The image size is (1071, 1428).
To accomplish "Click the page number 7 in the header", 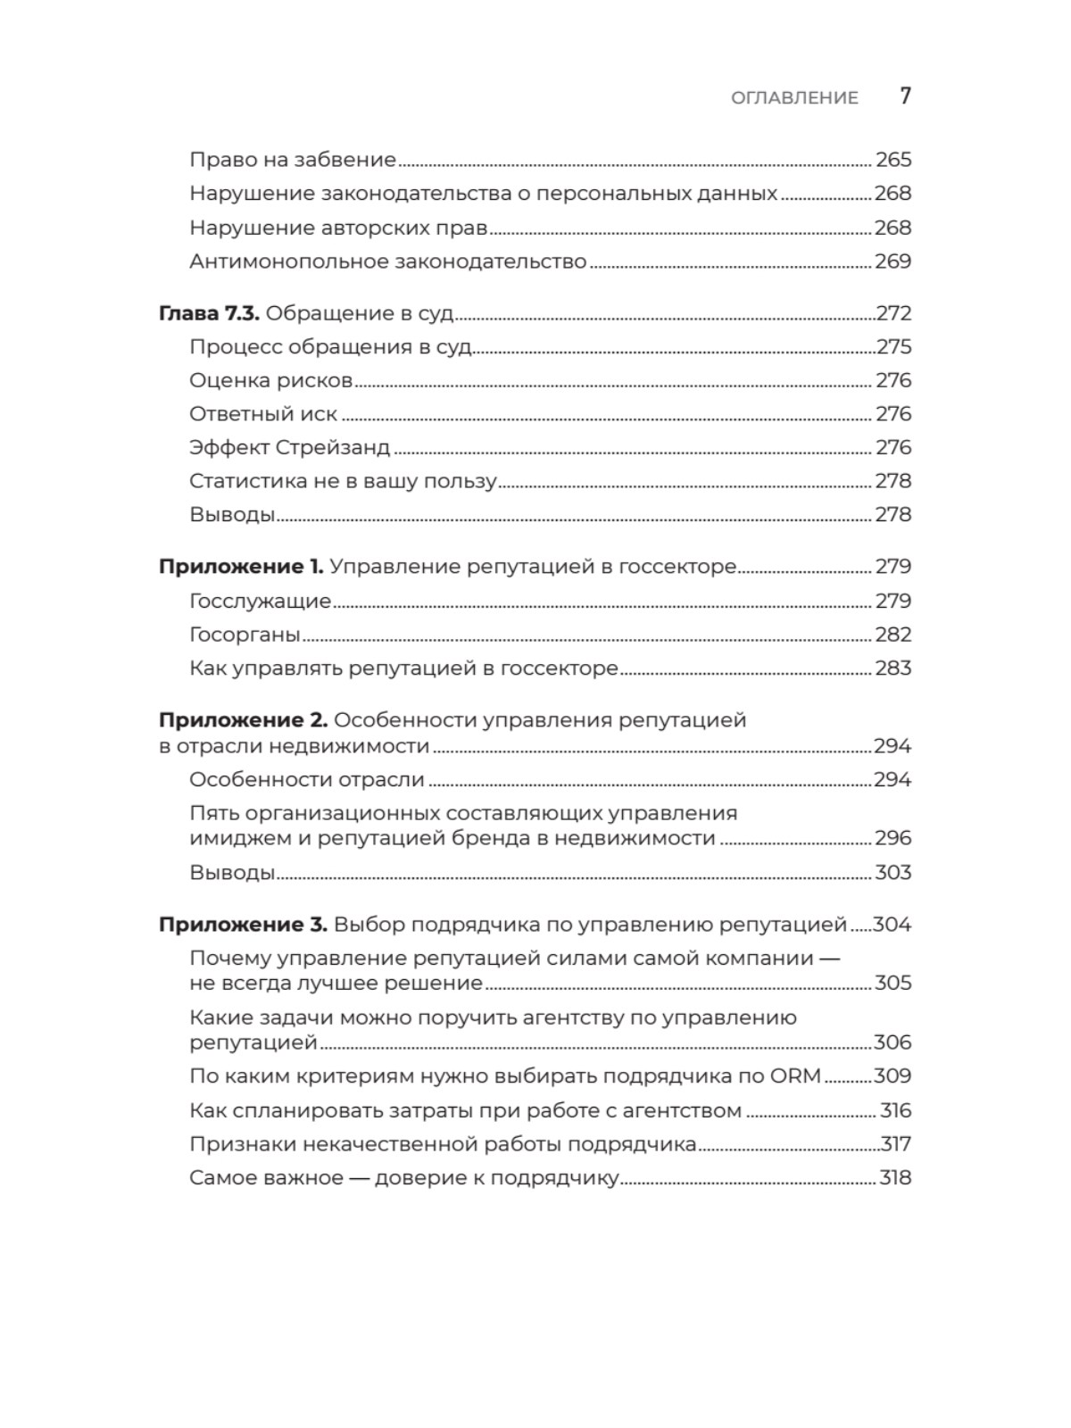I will [905, 95].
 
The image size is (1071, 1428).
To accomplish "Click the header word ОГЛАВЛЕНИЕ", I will [794, 97].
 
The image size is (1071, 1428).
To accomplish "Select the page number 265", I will [892, 160].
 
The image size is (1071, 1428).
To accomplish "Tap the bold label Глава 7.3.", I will [209, 313].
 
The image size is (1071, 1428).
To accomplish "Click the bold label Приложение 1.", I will [241, 567].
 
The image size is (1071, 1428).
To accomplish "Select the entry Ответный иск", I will [263, 414].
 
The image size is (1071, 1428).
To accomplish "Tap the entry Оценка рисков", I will [271, 380].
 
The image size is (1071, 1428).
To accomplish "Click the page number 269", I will [892, 262].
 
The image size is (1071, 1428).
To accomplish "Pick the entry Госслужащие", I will [260, 602].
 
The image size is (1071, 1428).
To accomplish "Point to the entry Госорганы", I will [245, 635].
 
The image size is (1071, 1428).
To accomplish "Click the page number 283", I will [892, 668].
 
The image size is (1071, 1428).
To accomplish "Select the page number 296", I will [892, 838].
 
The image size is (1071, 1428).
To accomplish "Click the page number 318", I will [895, 1178].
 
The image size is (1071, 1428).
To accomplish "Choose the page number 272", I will [893, 313].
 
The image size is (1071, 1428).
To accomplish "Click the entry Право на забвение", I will [293, 160].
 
